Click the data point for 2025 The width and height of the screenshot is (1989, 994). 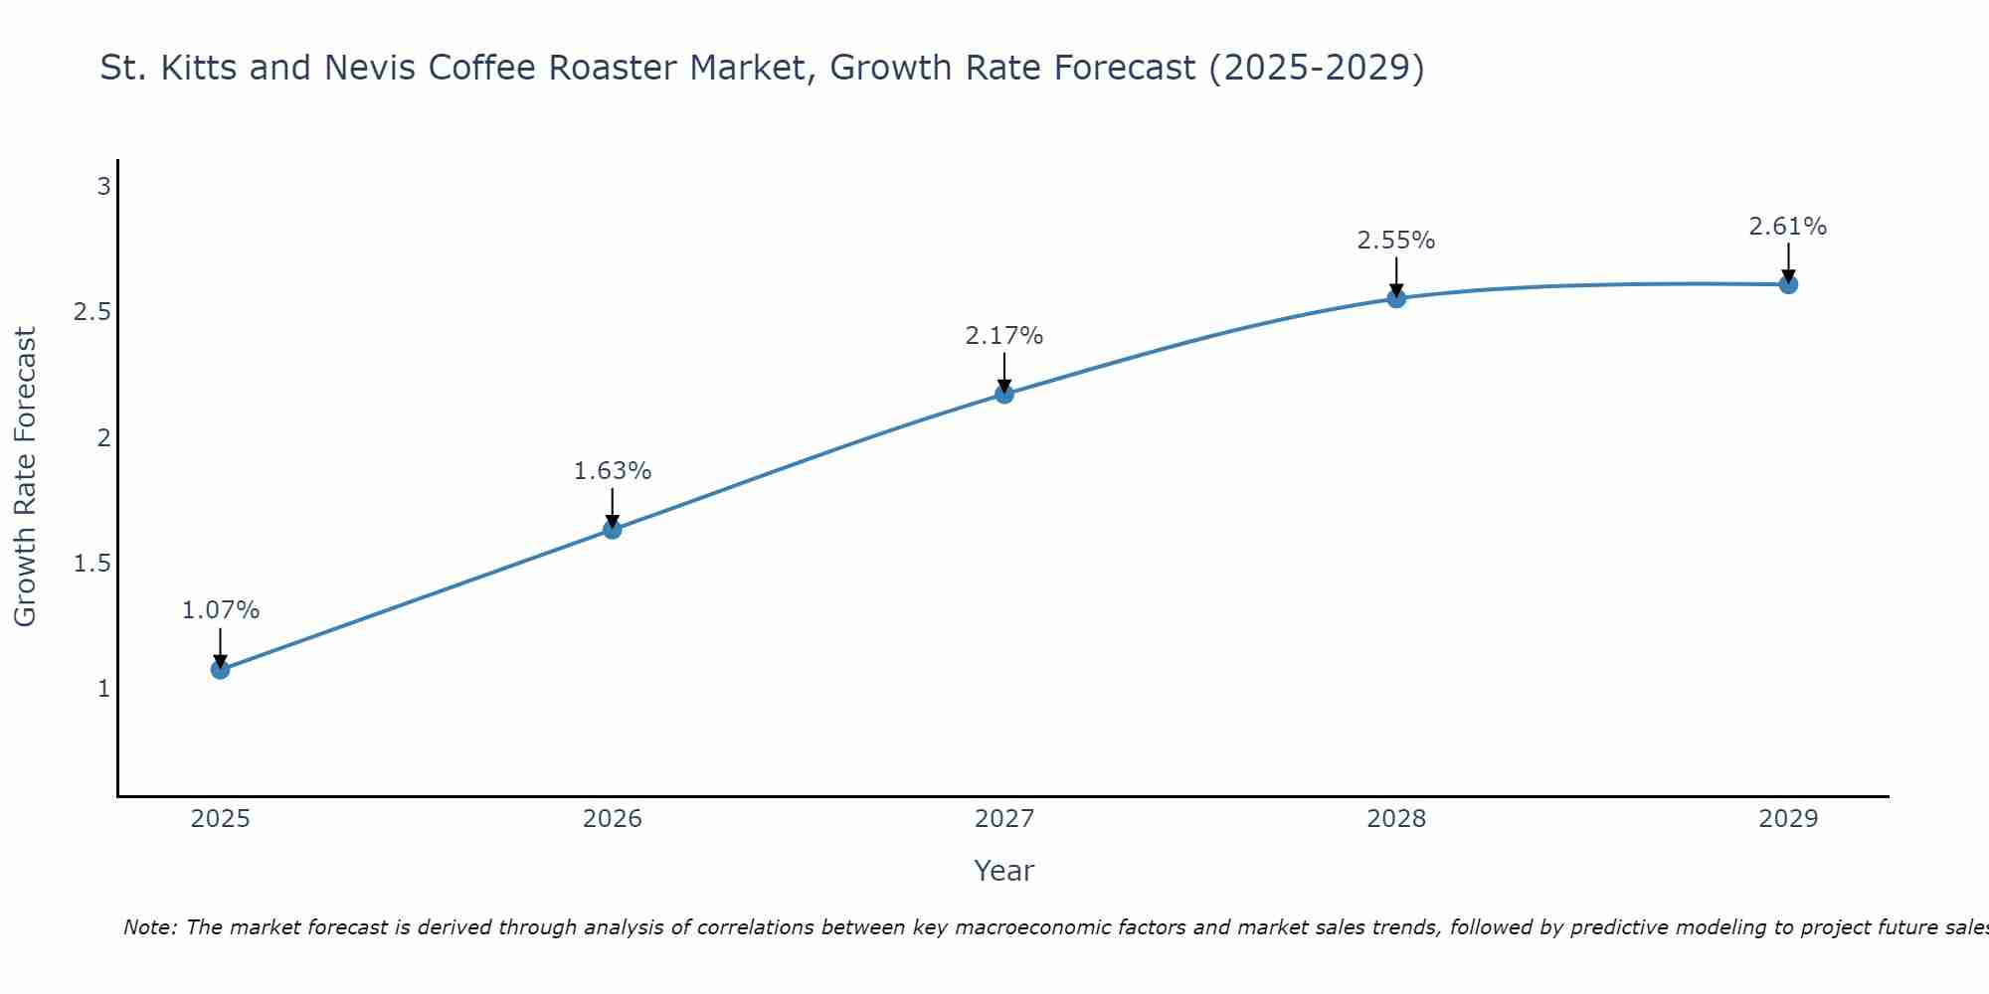click(x=221, y=670)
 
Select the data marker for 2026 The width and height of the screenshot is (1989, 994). click(x=613, y=530)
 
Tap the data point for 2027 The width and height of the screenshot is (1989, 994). click(x=1004, y=395)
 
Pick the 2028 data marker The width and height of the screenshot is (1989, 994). click(x=1396, y=298)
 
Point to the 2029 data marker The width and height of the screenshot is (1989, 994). click(x=1788, y=284)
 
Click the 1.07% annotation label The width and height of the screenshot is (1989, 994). click(x=221, y=610)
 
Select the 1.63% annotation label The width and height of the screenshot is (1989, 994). click(x=613, y=471)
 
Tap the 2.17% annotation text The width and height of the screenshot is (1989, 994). click(x=1004, y=336)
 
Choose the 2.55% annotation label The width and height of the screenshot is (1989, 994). click(x=1396, y=241)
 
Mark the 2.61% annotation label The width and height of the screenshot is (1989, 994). click(x=1788, y=227)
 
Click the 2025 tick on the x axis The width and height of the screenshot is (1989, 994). click(x=221, y=819)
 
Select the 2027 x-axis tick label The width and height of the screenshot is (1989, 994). click(x=1004, y=819)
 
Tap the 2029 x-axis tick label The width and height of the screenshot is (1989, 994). click(x=1788, y=819)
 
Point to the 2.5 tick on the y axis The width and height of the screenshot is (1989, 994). click(x=91, y=312)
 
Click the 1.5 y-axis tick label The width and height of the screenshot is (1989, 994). click(x=91, y=564)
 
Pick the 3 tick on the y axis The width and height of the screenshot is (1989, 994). click(x=103, y=186)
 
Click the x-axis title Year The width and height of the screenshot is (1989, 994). click(x=1004, y=871)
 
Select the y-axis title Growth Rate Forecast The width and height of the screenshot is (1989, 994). click(x=25, y=477)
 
